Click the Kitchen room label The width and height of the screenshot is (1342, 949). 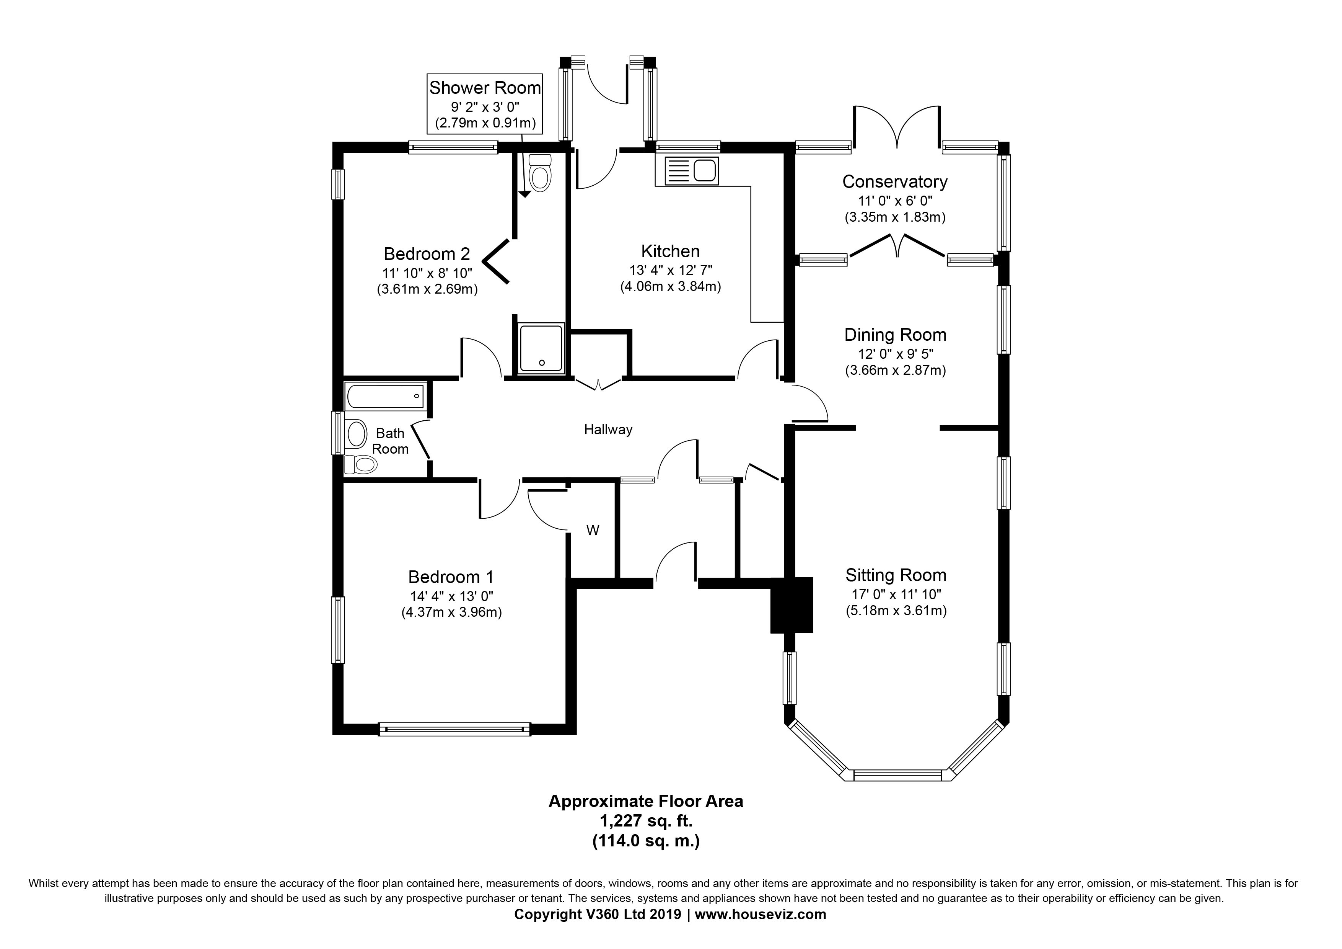click(670, 252)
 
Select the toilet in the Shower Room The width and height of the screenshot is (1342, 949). click(539, 173)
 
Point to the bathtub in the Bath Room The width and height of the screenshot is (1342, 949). click(386, 396)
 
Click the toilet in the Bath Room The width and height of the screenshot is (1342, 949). click(360, 465)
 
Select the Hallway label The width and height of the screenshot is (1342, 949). click(609, 430)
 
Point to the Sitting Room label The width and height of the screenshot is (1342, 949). click(896, 575)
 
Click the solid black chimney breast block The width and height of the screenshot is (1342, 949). click(792, 605)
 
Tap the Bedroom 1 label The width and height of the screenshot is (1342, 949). click(451, 577)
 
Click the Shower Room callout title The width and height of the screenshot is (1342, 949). click(485, 88)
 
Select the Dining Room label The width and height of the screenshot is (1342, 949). click(896, 335)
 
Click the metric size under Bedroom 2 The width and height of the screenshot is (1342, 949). click(427, 289)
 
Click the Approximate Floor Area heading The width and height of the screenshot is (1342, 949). click(646, 802)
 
